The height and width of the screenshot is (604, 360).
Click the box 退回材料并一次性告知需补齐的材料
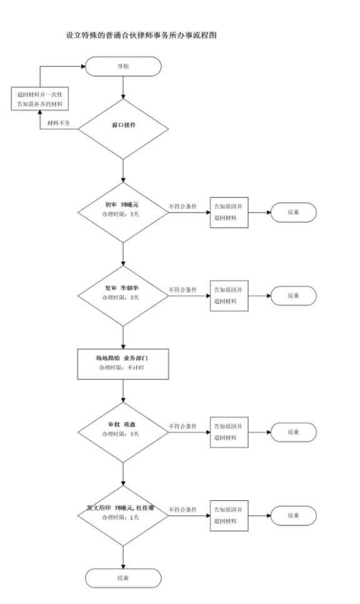[41, 99]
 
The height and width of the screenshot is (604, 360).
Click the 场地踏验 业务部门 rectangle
[124, 363]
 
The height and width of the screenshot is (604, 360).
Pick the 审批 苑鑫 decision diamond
[124, 432]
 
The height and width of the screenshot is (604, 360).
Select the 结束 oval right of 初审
[292, 213]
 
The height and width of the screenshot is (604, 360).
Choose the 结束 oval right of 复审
[292, 295]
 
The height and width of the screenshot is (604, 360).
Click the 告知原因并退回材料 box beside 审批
[229, 432]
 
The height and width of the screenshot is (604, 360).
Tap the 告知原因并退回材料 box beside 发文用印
[229, 515]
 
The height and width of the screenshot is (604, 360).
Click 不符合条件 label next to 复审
[182, 289]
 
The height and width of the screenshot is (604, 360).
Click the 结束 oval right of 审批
[292, 432]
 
